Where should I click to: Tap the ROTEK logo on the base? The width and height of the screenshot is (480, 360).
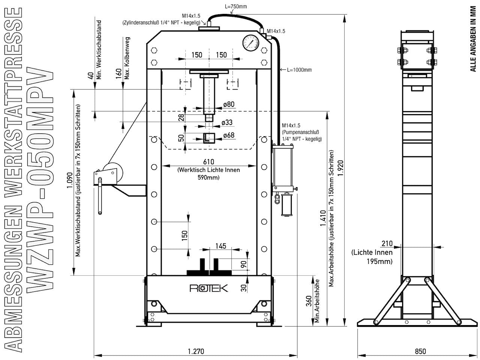[208, 288]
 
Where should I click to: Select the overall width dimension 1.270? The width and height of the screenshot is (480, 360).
[196, 351]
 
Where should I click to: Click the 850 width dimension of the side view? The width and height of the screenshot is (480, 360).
[420, 351]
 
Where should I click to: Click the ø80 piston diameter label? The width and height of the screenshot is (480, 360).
[229, 104]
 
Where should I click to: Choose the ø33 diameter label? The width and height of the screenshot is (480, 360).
[227, 122]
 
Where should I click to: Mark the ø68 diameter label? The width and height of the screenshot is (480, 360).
[229, 135]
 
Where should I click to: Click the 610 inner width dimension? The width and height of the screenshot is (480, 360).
[208, 162]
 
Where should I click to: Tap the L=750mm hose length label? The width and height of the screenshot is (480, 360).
[236, 6]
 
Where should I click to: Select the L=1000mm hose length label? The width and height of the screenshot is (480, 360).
[299, 70]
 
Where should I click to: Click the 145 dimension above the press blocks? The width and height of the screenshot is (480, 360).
[220, 246]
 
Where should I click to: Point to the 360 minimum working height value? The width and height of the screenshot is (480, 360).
[309, 301]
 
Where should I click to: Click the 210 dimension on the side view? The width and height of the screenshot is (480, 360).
[387, 243]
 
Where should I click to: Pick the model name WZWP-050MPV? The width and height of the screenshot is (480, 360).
[40, 180]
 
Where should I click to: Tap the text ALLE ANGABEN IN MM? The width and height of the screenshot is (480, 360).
[473, 39]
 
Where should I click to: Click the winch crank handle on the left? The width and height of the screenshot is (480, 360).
[100, 196]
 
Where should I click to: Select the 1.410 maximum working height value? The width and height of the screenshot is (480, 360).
[323, 218]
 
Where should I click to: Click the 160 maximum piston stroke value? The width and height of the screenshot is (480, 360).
[119, 74]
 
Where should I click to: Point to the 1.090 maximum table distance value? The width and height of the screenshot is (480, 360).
[70, 180]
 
